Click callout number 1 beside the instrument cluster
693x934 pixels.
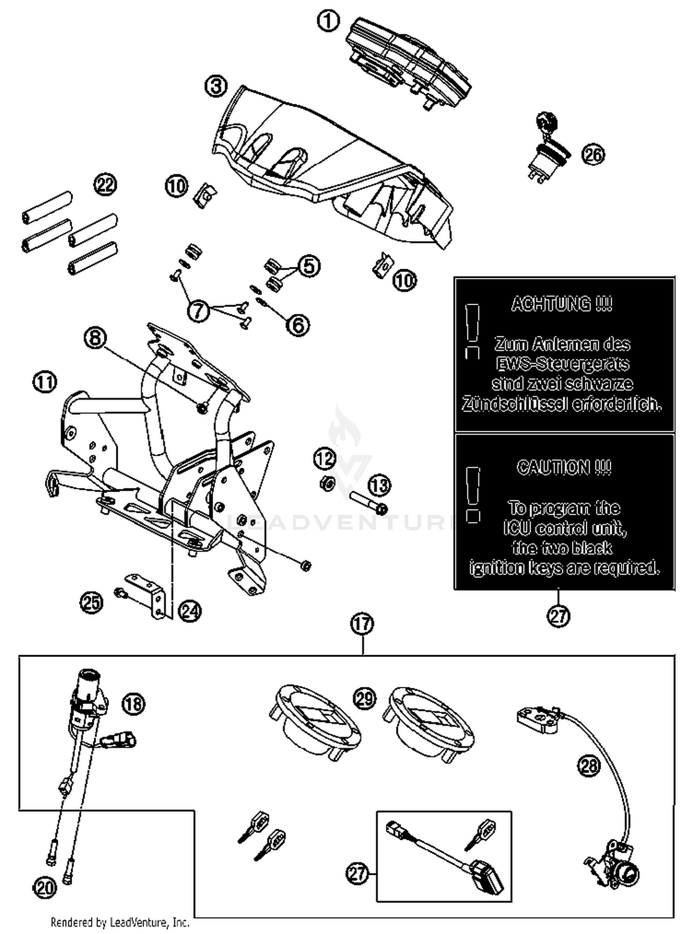(328, 21)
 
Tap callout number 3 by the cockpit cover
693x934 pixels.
(216, 86)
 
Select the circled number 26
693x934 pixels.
(593, 154)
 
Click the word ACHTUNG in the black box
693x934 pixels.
(562, 304)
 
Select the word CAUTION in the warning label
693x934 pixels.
(564, 467)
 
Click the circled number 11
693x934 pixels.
(44, 382)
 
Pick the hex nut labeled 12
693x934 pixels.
(328, 483)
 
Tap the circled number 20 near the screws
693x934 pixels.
(45, 887)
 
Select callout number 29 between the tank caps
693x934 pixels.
(365, 699)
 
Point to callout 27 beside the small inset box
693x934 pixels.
(358, 874)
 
